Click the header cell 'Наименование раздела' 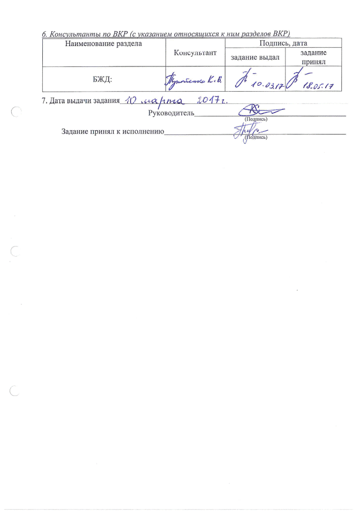tap(103, 44)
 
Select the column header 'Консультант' tap(196, 53)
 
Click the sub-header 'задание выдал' tap(255, 57)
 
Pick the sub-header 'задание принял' tap(313, 57)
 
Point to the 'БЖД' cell tap(102, 79)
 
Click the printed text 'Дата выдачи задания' tap(80, 101)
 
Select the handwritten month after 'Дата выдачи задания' tap(163, 101)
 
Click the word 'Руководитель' tap(170, 113)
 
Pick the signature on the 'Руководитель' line tap(260, 111)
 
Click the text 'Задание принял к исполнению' tap(112, 131)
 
